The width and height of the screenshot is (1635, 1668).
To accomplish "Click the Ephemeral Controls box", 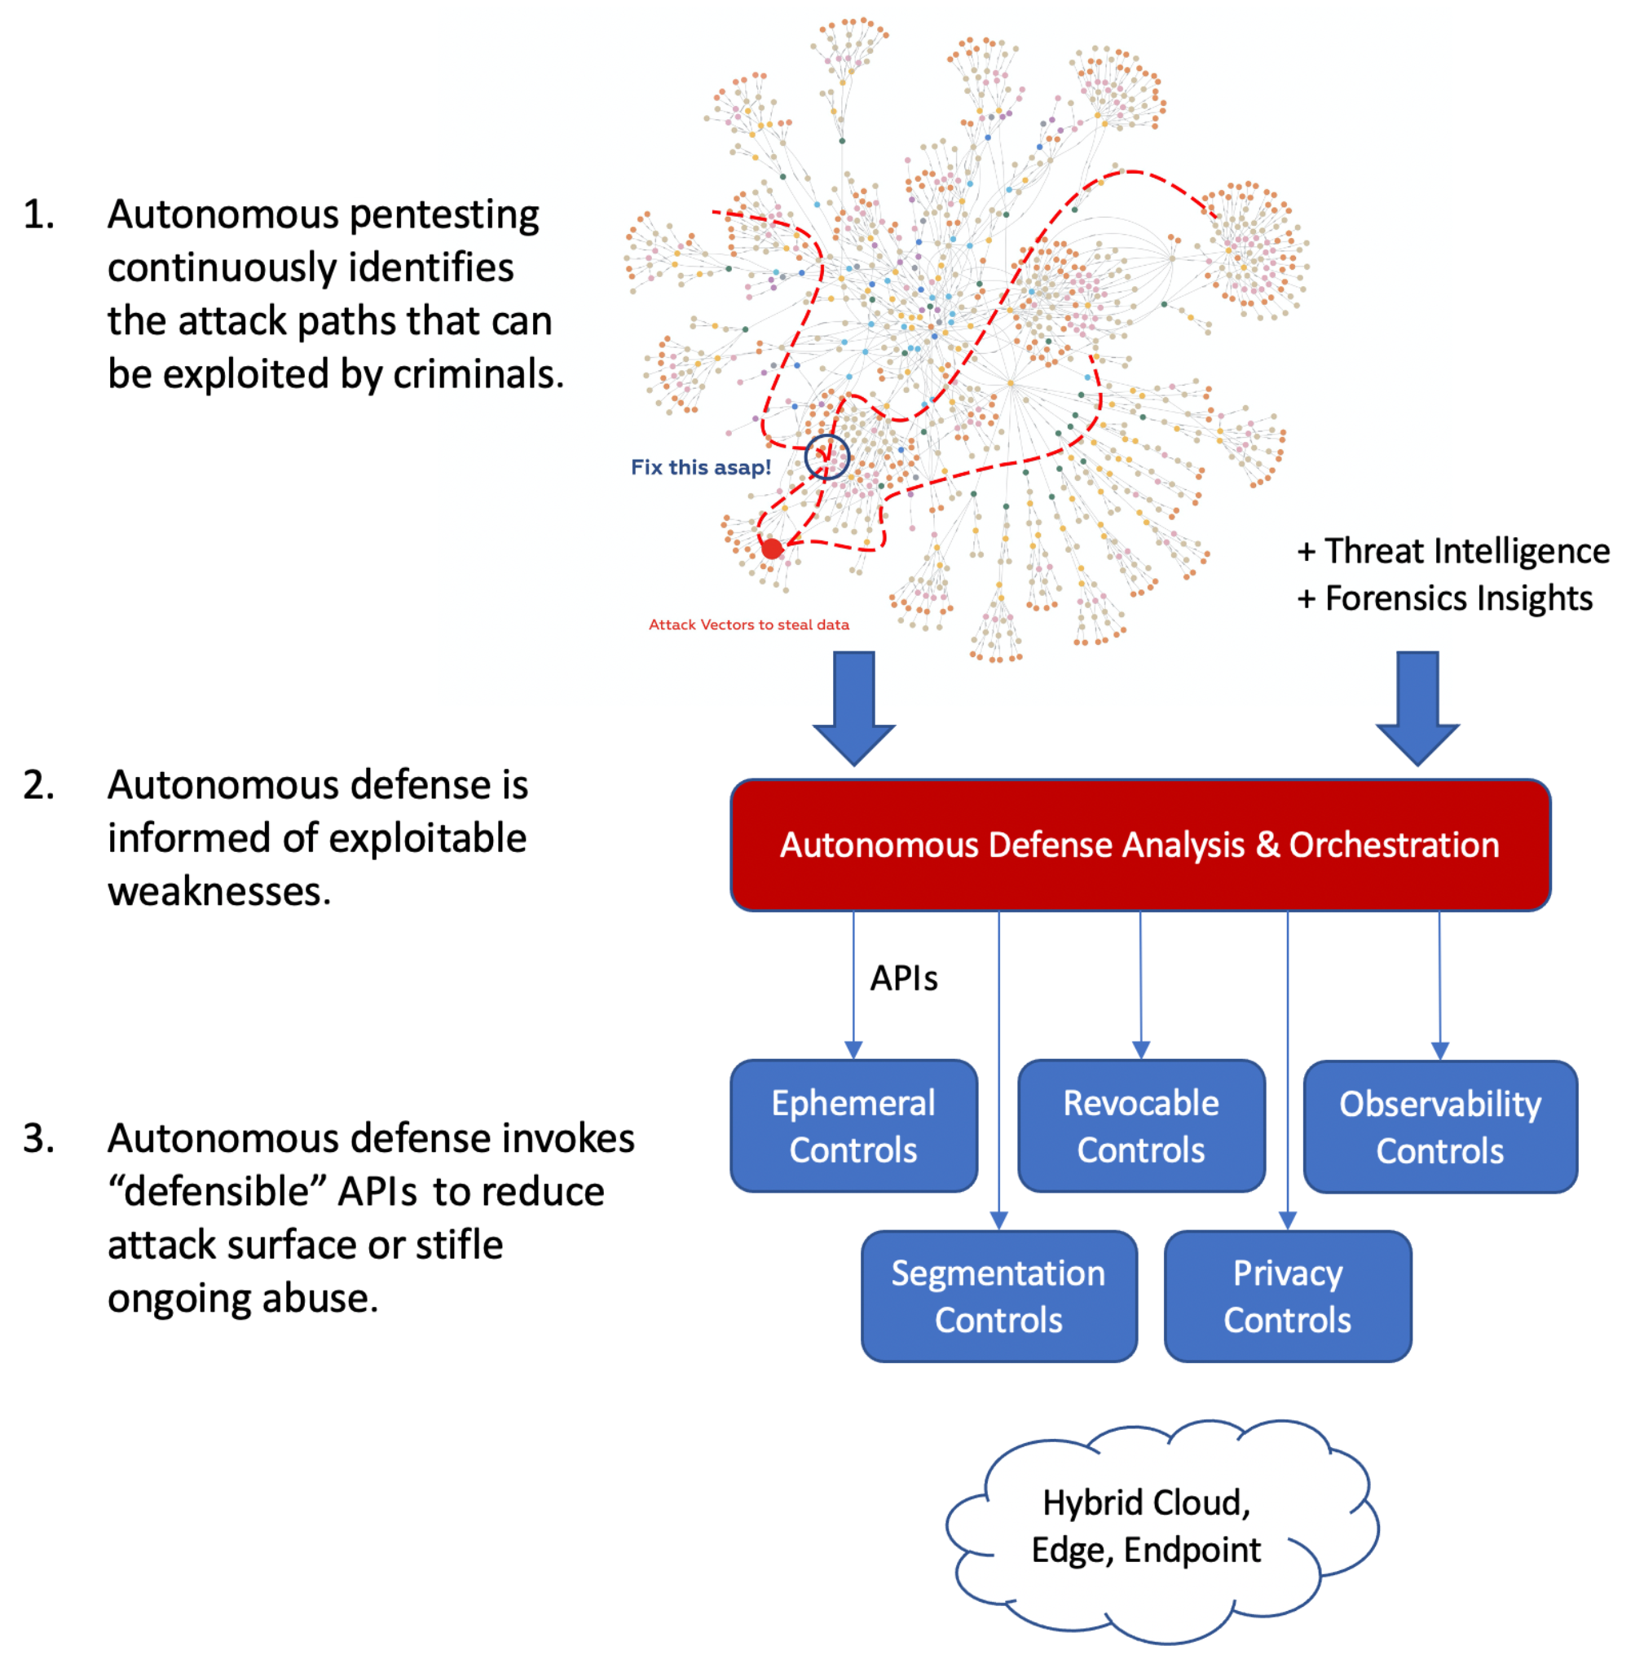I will (853, 1126).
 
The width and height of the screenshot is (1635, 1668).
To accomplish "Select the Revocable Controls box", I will (1141, 1126).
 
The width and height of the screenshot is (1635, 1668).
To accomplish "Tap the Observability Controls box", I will (1440, 1127).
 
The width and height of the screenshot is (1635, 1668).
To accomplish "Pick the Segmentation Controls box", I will (998, 1296).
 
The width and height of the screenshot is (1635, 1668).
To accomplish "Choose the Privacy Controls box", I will (1287, 1296).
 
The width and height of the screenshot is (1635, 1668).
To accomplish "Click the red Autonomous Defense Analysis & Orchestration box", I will (1139, 845).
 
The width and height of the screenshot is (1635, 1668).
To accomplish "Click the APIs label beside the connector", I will (903, 978).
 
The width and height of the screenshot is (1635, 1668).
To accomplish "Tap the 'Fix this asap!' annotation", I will (701, 467).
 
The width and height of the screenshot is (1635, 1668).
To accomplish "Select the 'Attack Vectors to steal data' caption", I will (749, 624).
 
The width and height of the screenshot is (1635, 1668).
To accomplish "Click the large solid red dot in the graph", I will (772, 548).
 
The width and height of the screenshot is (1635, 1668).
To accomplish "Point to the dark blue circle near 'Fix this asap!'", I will (827, 457).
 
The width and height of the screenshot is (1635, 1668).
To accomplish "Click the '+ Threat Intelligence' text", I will (1453, 550).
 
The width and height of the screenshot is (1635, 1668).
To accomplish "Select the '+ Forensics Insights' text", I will (1444, 598).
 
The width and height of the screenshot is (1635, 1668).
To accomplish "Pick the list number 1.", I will (38, 214).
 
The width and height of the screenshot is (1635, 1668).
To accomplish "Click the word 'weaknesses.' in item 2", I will (219, 892).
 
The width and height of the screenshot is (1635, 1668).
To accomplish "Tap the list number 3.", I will (38, 1138).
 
